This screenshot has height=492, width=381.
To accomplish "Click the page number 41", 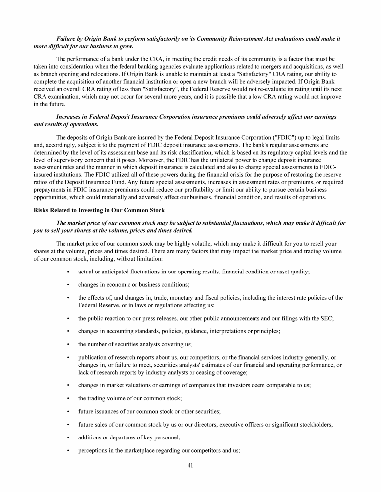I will [x=190, y=465].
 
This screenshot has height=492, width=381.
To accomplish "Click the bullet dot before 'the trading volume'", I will [x=67, y=398].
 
